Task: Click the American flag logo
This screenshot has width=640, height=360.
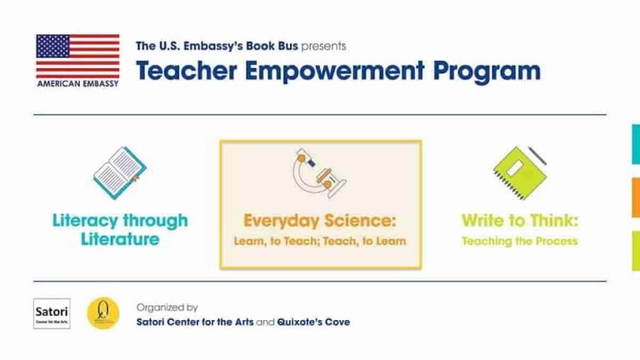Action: [x=77, y=56]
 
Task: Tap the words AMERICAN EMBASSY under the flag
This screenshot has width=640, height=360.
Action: [x=77, y=84]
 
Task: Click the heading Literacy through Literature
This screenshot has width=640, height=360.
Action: [x=120, y=230]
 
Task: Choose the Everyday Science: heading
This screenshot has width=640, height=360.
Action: [x=320, y=221]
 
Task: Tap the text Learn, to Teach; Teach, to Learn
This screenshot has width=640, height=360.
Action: [x=320, y=242]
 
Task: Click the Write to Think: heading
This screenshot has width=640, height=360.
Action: [x=520, y=221]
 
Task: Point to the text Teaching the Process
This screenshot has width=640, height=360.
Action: [x=520, y=242]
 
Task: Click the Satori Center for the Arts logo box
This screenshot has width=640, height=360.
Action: [x=52, y=313]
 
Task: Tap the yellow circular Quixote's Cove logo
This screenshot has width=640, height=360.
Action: [x=103, y=313]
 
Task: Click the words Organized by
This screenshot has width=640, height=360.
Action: [x=167, y=307]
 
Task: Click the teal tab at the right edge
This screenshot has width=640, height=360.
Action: [x=635, y=144]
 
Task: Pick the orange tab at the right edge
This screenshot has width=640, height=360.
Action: [x=635, y=197]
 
